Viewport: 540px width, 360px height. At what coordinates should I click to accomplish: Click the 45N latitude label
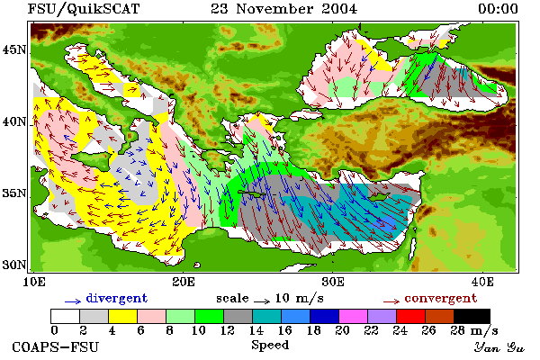point(14,50)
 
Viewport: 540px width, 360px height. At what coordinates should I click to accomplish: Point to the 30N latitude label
point(14,265)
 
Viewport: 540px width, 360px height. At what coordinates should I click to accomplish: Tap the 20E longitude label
point(184,282)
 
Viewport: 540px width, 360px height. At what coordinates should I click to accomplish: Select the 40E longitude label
point(482,282)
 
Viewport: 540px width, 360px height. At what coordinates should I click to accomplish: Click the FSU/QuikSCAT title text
point(84,9)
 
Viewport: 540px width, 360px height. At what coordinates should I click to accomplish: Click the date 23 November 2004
point(284,9)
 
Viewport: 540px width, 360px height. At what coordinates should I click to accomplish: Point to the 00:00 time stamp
point(498,9)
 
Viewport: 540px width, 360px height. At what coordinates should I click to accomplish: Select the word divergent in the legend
point(117,298)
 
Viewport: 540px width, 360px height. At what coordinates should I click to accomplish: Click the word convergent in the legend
point(441,298)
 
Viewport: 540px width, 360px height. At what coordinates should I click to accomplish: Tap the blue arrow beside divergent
point(73,301)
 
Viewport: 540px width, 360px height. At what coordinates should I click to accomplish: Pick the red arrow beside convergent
point(391,301)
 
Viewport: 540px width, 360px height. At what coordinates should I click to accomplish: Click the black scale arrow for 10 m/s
point(262,301)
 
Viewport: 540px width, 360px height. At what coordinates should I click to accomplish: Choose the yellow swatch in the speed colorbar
point(123,316)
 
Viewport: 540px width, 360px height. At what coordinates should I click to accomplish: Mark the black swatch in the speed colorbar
point(472,316)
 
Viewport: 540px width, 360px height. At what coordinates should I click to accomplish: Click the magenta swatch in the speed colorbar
point(354,316)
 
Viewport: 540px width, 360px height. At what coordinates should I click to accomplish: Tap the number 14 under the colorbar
point(256,330)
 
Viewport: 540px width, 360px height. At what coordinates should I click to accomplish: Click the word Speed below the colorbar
point(270,346)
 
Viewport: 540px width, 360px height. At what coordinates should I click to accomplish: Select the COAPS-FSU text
point(56,346)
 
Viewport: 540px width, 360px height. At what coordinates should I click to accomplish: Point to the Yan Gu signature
point(499,347)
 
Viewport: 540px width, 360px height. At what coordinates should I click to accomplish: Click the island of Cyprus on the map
point(378,196)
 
